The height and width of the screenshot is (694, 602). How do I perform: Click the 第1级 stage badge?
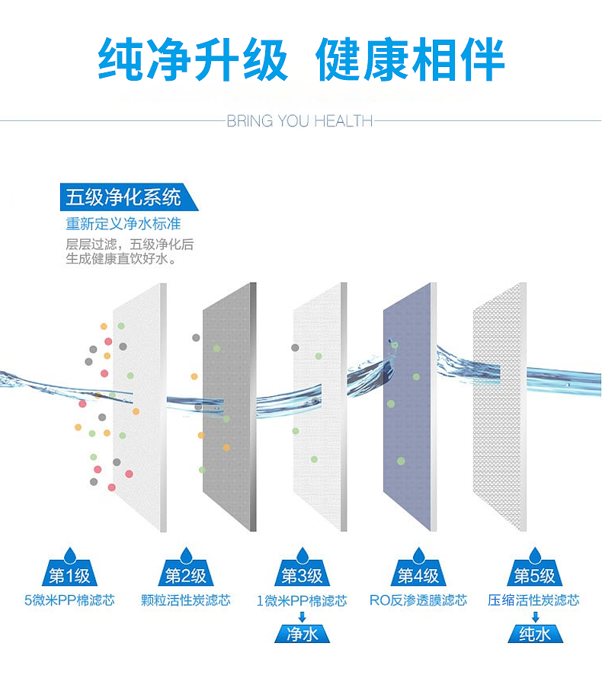tap(70, 575)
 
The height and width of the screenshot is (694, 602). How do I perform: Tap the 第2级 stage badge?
tap(186, 575)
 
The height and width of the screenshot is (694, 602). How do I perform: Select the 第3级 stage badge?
tap(302, 575)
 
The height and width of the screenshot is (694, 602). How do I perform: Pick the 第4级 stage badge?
tap(418, 575)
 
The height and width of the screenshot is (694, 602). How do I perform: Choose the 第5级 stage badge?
tap(534, 575)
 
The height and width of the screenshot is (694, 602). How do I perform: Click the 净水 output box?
tap(302, 634)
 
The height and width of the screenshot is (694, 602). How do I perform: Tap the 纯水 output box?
tap(534, 634)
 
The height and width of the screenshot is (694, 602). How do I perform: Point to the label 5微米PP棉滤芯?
tap(70, 600)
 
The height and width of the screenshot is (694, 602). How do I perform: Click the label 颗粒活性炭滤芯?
tap(186, 600)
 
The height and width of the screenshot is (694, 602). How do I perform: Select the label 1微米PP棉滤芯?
tap(302, 601)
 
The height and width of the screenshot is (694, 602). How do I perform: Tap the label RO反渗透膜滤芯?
tap(418, 600)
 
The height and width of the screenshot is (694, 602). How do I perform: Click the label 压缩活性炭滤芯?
tap(534, 600)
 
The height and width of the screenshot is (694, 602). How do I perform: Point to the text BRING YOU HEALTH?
tap(300, 121)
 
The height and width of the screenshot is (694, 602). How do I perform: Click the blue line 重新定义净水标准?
tap(123, 225)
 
